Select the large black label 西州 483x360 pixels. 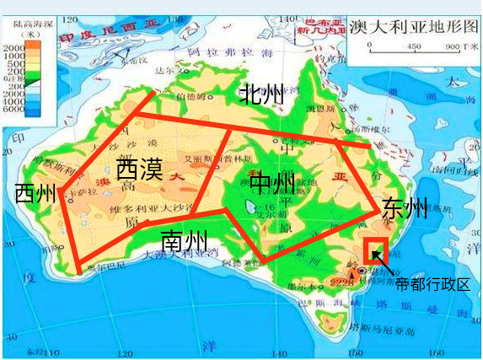tap(35, 193)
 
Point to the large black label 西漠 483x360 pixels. tap(139, 169)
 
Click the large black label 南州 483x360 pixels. tap(184, 240)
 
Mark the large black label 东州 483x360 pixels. tap(404, 207)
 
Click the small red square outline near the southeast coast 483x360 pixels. tap(374, 251)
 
